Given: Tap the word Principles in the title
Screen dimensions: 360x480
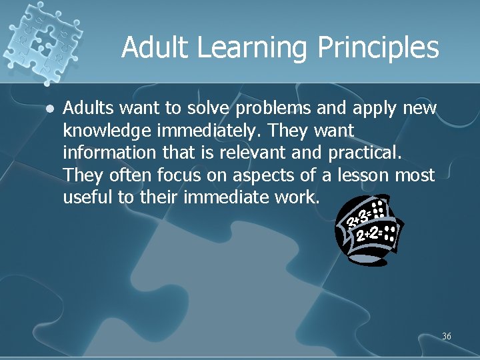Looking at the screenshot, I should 377,48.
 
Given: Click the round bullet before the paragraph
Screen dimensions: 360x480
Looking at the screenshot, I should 51,107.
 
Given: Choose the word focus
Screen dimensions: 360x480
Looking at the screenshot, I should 177,175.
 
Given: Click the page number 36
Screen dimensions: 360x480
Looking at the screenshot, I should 446,337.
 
